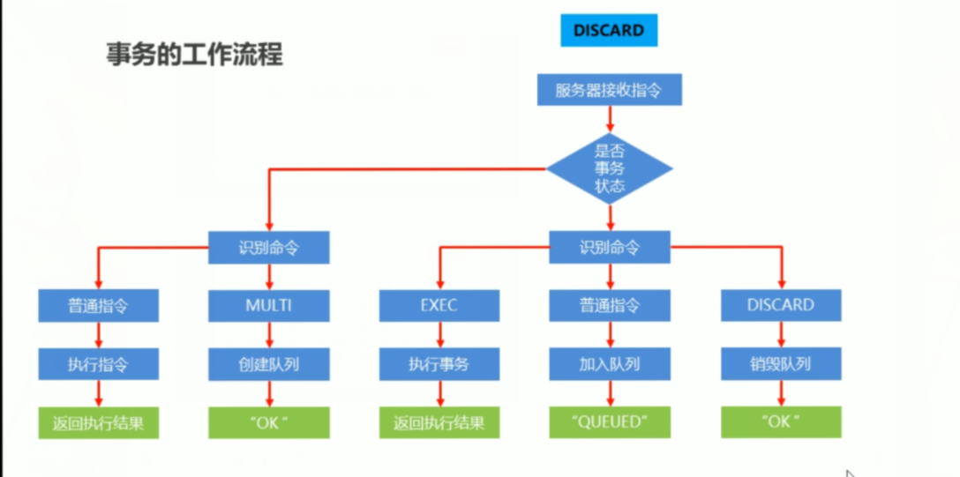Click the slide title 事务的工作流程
tap(194, 55)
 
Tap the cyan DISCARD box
tap(609, 30)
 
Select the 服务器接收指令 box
tap(609, 90)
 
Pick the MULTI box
tap(268, 305)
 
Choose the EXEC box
tap(439, 305)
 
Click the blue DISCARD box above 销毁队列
tap(780, 305)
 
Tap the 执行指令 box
tap(99, 363)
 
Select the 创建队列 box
tap(268, 363)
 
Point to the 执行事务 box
tap(439, 363)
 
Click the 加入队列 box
tap(609, 363)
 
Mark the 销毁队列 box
tap(780, 363)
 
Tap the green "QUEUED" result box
tap(609, 422)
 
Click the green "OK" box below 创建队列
tap(268, 422)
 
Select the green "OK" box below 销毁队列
tap(780, 422)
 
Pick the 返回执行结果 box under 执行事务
tap(439, 422)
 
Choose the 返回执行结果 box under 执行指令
tap(99, 422)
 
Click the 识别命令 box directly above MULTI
tap(268, 248)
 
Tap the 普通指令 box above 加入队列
tap(609, 305)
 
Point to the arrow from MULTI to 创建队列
tap(269, 334)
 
